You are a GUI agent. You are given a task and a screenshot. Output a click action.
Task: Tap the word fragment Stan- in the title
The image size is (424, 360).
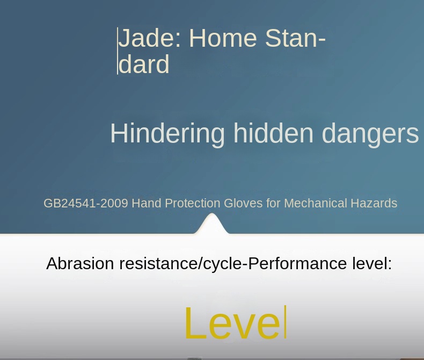point(295,39)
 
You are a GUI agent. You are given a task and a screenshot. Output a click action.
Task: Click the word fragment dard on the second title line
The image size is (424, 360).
point(144,64)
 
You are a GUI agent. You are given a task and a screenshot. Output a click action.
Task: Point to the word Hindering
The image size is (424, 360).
point(167,134)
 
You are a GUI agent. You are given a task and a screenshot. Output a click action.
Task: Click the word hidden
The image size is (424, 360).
point(273,133)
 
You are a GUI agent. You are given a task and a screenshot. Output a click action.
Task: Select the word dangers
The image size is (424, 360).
point(370,134)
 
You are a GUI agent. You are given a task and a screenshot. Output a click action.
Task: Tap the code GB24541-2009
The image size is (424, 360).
point(86,204)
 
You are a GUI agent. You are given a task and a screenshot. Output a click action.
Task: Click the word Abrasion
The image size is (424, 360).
point(80,264)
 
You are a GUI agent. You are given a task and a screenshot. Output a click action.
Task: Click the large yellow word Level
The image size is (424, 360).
point(232,323)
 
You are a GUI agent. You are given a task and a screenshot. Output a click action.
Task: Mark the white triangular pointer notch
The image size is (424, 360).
point(212,224)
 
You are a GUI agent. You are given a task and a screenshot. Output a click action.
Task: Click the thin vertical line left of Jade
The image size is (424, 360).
point(118,51)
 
